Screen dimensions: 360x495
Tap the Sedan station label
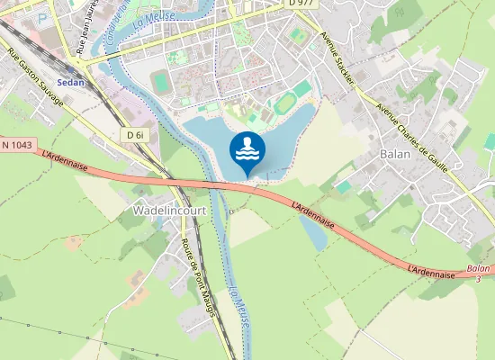pyautogui.click(x=70, y=81)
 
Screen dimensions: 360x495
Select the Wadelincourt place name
pyautogui.click(x=169, y=210)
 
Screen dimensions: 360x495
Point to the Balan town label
pyautogui.click(x=395, y=154)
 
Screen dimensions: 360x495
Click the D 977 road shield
pyautogui.click(x=301, y=4)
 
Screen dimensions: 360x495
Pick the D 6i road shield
pyautogui.click(x=136, y=134)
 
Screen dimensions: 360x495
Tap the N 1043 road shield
pyautogui.click(x=17, y=144)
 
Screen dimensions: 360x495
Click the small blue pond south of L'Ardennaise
pyautogui.click(x=312, y=233)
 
